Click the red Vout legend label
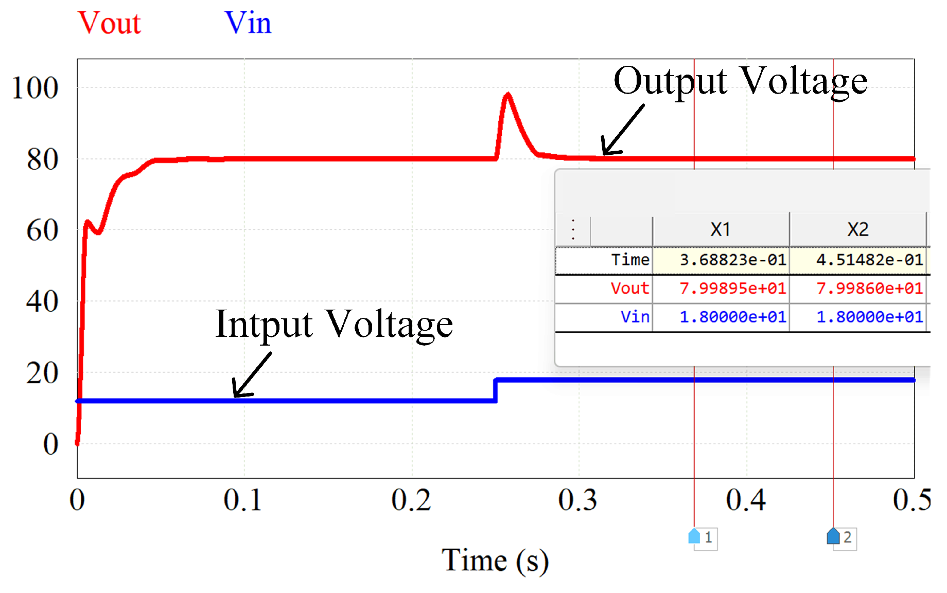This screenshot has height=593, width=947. point(109,23)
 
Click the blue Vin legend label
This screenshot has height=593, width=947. point(248,23)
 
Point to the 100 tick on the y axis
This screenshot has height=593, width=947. point(35,88)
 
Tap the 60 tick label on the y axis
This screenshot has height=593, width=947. point(42,230)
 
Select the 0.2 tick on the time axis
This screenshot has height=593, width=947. point(411,500)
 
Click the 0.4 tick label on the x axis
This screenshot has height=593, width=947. point(746,500)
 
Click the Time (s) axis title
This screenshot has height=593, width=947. point(495,560)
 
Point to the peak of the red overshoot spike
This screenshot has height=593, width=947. point(508,95)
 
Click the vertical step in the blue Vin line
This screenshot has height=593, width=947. point(495,390)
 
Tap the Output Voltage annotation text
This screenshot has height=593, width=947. point(740,81)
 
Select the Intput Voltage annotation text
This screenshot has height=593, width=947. point(334,325)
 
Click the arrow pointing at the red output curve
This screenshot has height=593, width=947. point(622,130)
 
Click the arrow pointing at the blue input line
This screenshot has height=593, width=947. point(252,375)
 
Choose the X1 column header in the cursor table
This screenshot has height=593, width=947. point(721,229)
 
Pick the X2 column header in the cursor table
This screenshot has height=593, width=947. point(858,229)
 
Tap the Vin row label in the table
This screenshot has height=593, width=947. point(635,317)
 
